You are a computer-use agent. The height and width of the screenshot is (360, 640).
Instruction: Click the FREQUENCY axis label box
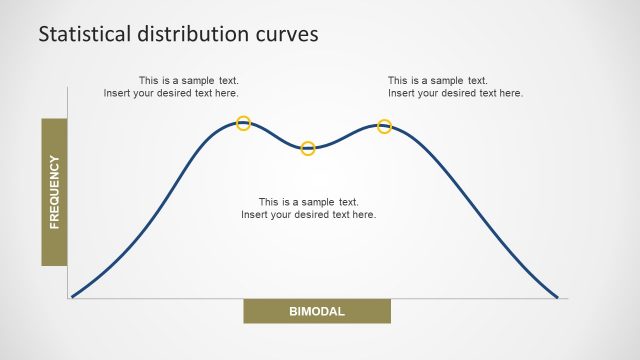54,192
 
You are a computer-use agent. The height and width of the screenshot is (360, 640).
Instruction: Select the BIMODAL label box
316,311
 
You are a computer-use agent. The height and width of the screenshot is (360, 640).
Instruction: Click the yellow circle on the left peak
243,123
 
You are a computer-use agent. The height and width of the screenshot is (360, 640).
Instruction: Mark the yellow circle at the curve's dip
308,148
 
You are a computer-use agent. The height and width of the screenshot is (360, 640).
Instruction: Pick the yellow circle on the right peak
384,126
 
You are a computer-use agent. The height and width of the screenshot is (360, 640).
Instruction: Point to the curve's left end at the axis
72,296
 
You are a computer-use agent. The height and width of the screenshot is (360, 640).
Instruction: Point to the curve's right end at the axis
557,297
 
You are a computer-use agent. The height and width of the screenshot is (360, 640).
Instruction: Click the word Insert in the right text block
403,93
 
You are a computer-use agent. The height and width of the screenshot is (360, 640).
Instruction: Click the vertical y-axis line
68,190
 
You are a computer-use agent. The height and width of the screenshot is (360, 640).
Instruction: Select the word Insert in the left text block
118,93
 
